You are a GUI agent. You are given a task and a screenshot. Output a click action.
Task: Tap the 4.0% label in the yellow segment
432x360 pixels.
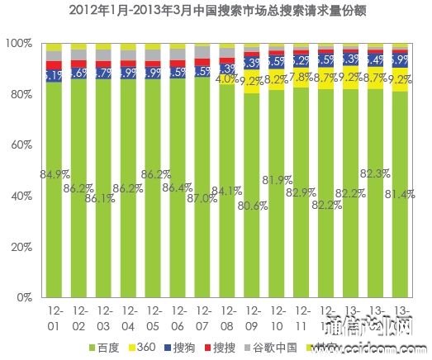tap(226, 80)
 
